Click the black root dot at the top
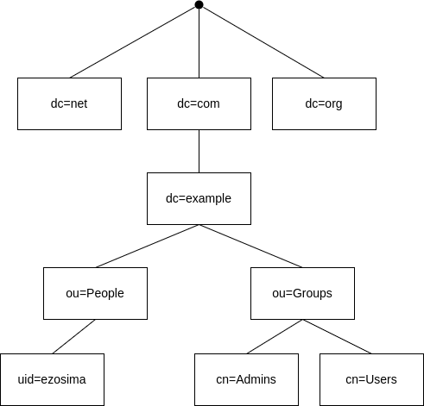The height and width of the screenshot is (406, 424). click(199, 5)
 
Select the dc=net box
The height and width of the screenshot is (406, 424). click(69, 103)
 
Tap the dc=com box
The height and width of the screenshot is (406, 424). click(199, 103)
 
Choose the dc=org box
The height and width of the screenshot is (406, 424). click(324, 103)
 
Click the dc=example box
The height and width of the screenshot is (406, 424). click(199, 198)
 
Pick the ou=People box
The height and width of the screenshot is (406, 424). click(95, 293)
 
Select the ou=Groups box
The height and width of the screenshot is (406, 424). click(302, 293)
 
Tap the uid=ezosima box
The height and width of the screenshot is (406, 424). click(52, 379)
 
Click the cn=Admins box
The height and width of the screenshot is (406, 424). click(246, 379)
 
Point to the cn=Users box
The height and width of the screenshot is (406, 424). click(371, 379)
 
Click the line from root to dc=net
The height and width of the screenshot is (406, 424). click(134, 41)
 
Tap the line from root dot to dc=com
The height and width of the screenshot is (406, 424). click(199, 43)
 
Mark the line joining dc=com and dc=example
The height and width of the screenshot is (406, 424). click(199, 151)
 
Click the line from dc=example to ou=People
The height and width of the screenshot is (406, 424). click(147, 246)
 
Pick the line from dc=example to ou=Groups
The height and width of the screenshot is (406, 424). click(250, 246)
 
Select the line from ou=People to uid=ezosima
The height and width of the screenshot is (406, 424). click(73, 336)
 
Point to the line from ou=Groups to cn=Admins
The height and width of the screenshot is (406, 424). click(275, 336)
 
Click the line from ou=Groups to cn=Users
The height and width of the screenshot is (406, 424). click(337, 336)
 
